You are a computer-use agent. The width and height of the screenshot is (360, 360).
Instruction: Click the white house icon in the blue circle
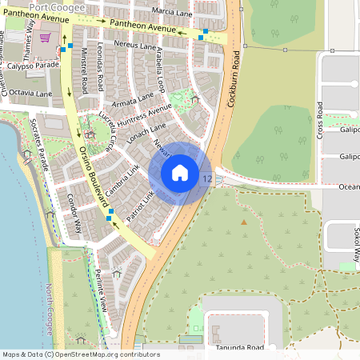pos(180,172)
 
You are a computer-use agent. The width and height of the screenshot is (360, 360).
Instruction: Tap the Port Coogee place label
pos(49,6)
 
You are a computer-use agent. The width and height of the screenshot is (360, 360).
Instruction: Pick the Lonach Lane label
pos(147,132)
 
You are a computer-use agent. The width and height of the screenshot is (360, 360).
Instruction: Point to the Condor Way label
pos(74,213)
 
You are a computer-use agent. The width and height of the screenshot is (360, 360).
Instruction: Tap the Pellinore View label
pos(101,289)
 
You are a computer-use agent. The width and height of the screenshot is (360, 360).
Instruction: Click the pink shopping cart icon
pos(46,38)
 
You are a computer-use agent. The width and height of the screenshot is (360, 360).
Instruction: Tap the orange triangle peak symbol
pos(244,222)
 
